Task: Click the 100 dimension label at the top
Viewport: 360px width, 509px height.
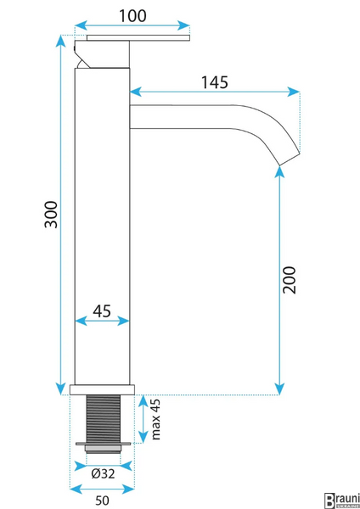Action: point(132,16)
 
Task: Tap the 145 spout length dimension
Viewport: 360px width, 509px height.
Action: point(215,82)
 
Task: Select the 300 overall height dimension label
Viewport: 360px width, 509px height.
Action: point(51,215)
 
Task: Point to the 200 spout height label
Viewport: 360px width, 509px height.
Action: point(289,280)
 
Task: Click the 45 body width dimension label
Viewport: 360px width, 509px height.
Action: point(102,311)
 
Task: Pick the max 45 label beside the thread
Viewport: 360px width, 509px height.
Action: point(156,419)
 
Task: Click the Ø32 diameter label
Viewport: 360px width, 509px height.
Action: point(103,474)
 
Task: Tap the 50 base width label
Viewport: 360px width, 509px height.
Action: point(103,501)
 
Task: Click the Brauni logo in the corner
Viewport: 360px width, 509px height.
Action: point(342,501)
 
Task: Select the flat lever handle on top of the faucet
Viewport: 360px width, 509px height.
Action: point(138,38)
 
